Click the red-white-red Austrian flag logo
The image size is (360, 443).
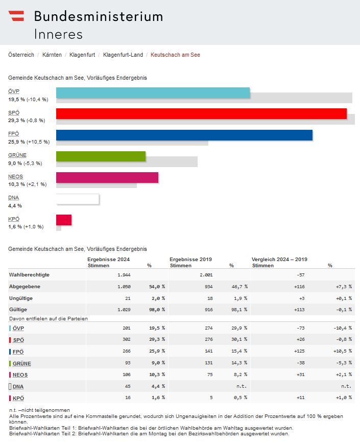(16, 16)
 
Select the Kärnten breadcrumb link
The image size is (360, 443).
(52, 55)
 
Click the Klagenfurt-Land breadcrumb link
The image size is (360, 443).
(123, 55)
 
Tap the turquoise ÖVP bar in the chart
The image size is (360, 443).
(153, 92)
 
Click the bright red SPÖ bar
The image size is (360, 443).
(201, 113)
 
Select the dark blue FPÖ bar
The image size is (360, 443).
(184, 135)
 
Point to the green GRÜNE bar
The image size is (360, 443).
(101, 156)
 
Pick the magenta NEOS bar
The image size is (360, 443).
(107, 177)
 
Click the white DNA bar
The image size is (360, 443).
(77, 198)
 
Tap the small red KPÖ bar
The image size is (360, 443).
(64, 220)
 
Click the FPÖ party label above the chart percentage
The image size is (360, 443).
(14, 134)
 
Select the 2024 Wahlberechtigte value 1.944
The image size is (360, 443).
(124, 275)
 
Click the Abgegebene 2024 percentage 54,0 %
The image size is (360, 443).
(157, 287)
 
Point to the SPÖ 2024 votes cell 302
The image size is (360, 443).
(126, 340)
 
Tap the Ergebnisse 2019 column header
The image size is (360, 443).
(191, 259)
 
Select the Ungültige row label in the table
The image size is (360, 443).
(21, 298)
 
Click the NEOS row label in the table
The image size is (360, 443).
(20, 375)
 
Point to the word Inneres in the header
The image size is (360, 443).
(58, 34)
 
